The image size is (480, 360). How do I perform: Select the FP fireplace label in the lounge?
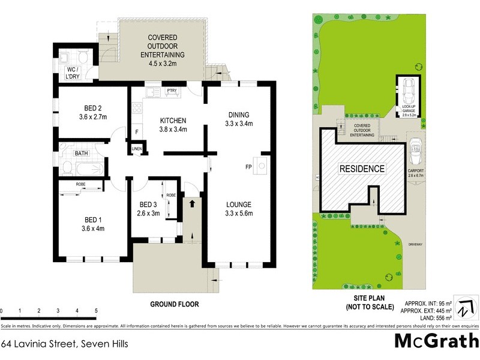tap(248, 166)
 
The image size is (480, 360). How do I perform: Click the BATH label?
tap(80, 154)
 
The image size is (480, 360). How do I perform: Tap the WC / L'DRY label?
tap(76, 74)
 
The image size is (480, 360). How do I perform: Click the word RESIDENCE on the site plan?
tap(362, 169)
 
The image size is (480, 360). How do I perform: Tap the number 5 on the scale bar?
tap(96, 310)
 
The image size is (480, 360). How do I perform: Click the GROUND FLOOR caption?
tap(173, 304)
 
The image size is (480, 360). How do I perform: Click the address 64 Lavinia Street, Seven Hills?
tap(64, 344)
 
